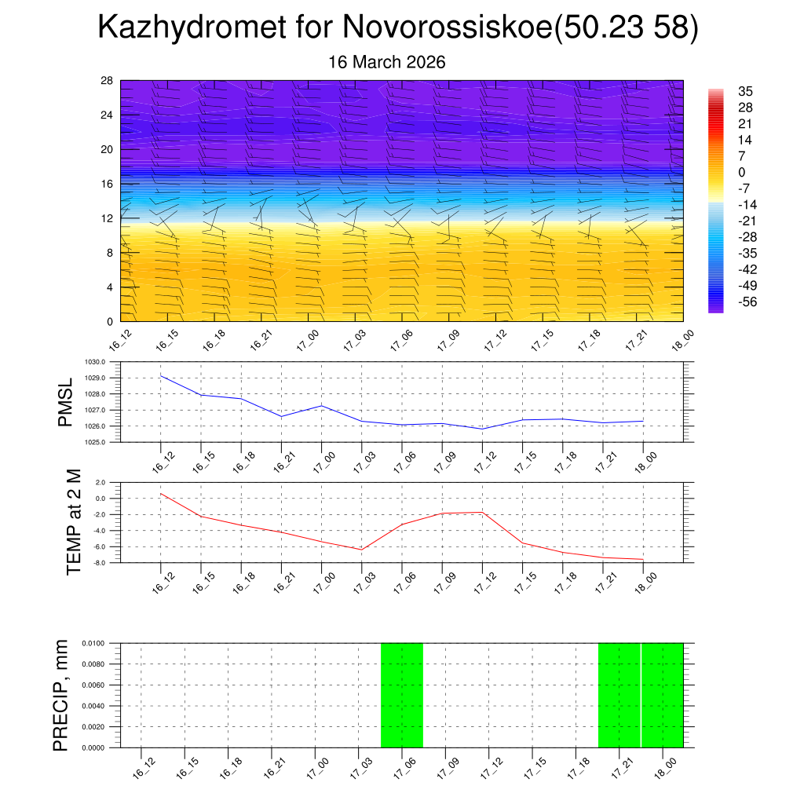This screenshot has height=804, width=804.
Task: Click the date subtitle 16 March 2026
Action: (386, 62)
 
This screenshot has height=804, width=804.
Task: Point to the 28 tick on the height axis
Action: (107, 81)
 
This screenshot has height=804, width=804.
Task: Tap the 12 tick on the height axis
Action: (107, 218)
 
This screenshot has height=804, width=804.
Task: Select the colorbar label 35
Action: (745, 92)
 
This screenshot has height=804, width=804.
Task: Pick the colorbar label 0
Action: (742, 172)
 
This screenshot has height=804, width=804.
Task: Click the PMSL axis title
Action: (65, 403)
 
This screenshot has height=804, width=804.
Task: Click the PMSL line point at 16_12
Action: (161, 375)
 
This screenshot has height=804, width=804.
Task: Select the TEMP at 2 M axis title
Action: (74, 522)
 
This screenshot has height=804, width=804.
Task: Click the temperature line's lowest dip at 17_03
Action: (362, 550)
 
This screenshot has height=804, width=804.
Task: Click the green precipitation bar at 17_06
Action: (402, 695)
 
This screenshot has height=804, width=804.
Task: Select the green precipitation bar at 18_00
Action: (663, 695)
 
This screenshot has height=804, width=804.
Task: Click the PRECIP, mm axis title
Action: (61, 695)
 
